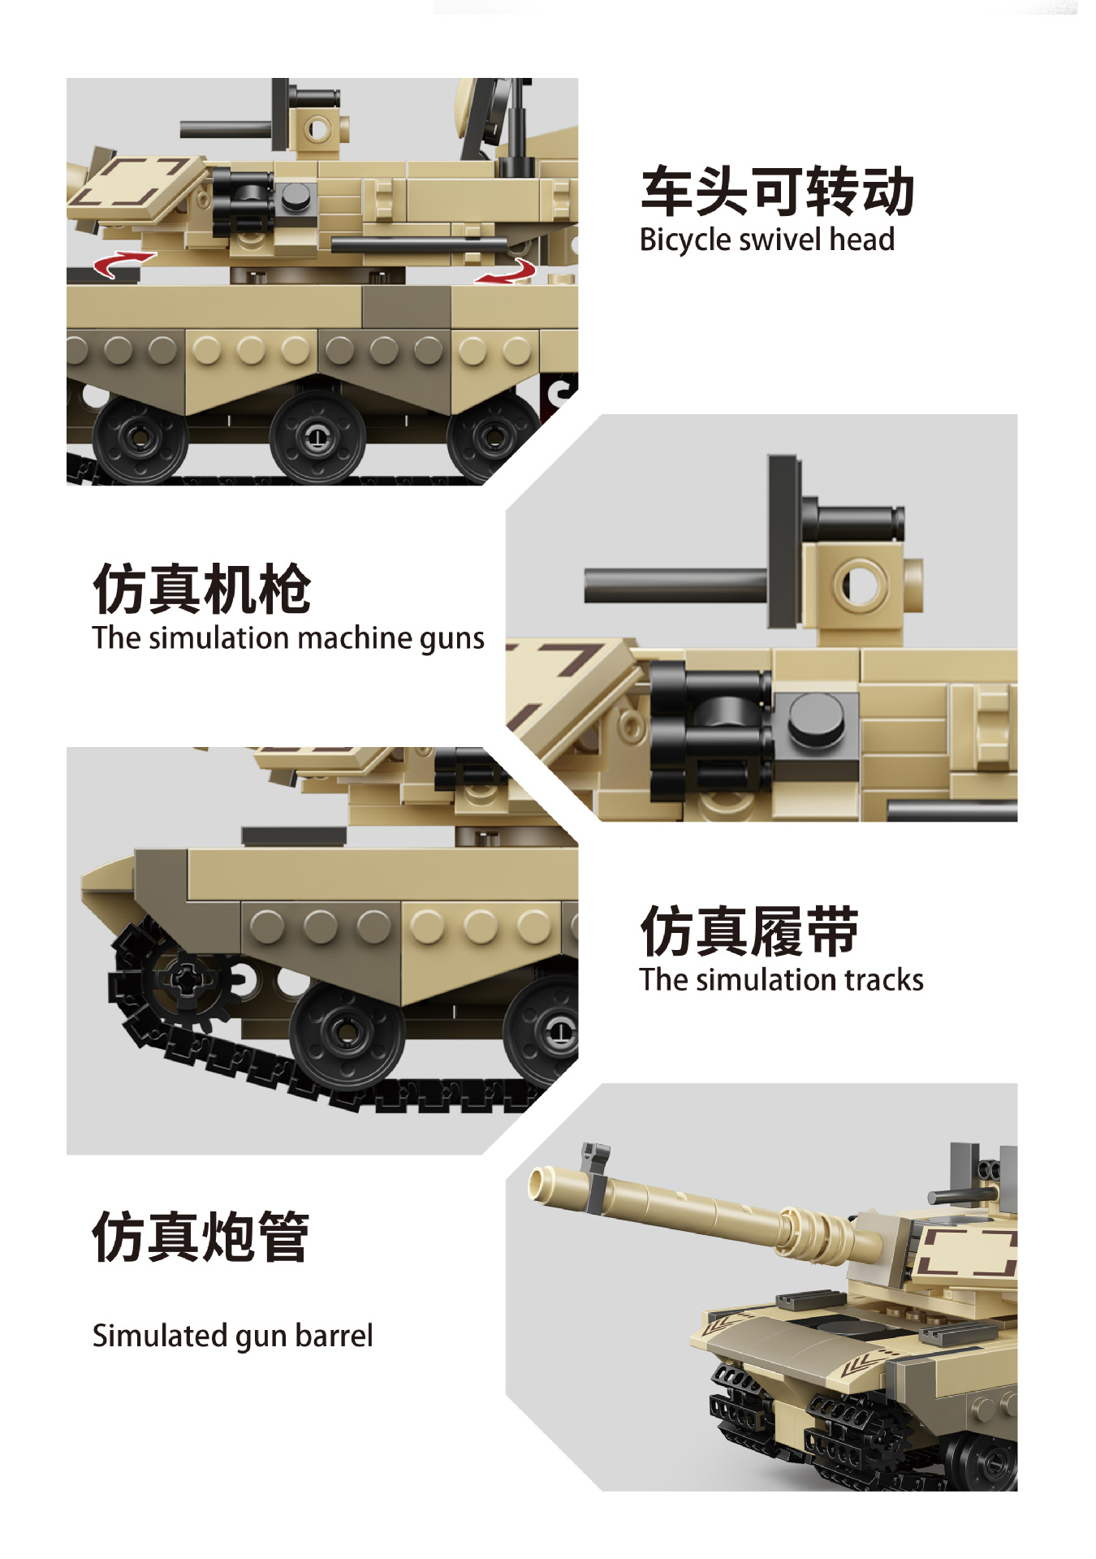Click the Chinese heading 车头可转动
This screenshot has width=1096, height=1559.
coord(777,192)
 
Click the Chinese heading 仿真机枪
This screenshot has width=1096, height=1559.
coord(201,589)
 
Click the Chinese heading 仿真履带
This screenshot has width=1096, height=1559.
coord(749,931)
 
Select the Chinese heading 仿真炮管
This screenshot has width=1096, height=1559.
coord(201,1236)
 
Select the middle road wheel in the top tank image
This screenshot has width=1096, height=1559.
coord(317,436)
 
